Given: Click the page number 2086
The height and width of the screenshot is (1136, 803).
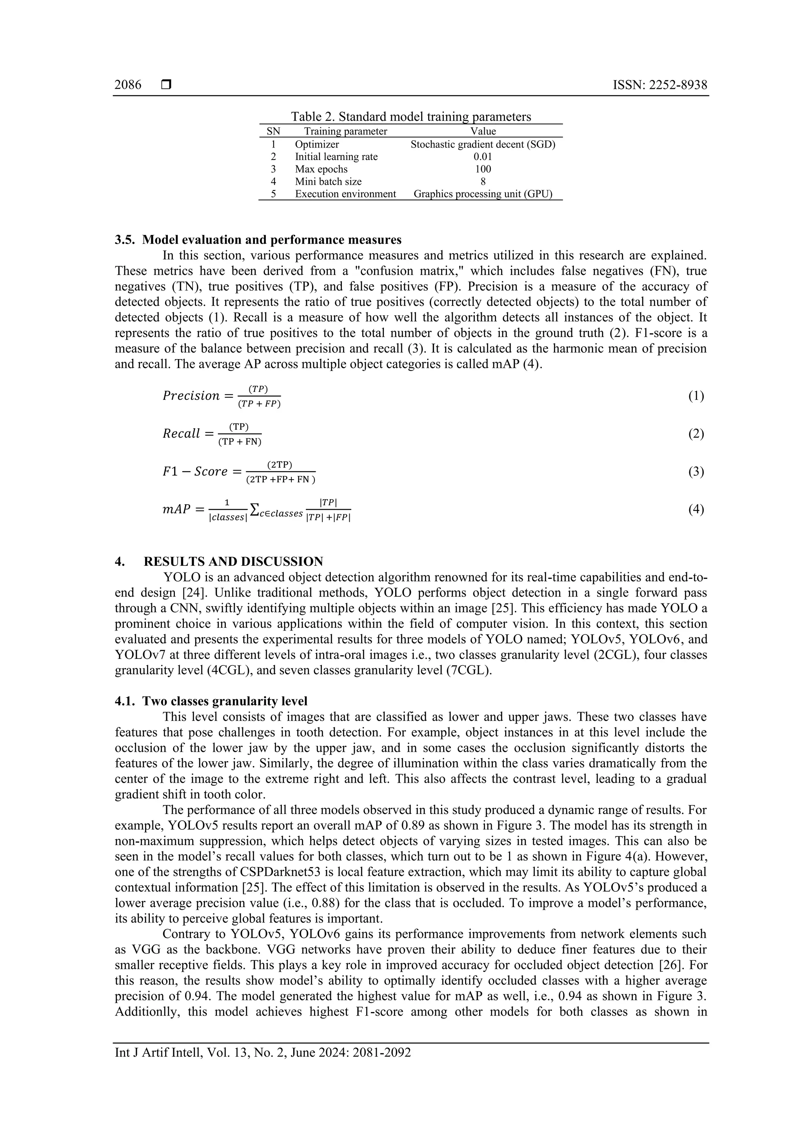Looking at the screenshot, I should click(x=128, y=85).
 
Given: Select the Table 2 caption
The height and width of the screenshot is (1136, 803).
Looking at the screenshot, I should click(x=410, y=117).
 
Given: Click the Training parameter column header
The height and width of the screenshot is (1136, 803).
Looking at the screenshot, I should click(x=345, y=131).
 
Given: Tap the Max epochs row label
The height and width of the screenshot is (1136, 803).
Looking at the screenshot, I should click(x=321, y=169).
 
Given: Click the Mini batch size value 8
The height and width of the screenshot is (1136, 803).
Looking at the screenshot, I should click(x=483, y=182).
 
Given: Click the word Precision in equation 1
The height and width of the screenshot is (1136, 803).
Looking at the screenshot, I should click(x=191, y=396).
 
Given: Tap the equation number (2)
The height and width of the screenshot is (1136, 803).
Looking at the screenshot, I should click(x=696, y=434).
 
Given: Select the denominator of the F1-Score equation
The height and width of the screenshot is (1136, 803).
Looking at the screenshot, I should click(x=280, y=480).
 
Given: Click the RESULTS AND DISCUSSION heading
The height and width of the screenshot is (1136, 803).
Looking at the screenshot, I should click(x=233, y=562).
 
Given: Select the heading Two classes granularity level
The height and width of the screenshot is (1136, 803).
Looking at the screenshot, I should click(x=225, y=701).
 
